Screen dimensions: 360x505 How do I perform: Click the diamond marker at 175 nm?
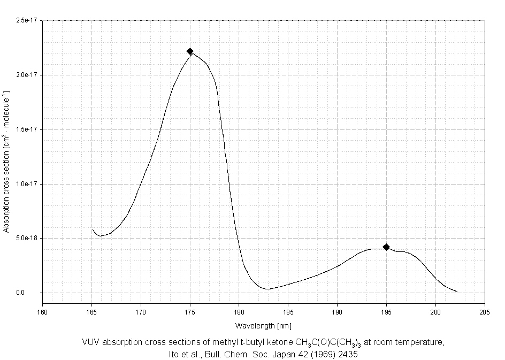(x=190, y=51)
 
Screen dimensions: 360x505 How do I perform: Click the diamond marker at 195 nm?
(x=386, y=247)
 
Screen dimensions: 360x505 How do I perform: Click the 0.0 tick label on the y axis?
(x=35, y=293)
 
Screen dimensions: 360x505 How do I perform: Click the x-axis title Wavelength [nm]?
(x=263, y=325)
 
